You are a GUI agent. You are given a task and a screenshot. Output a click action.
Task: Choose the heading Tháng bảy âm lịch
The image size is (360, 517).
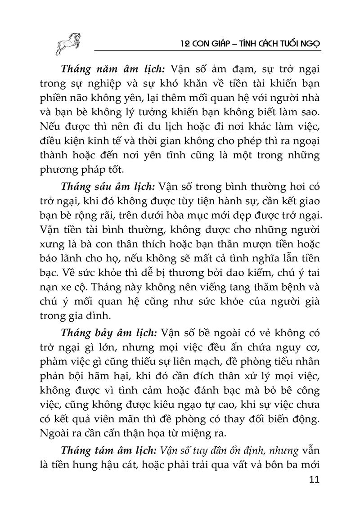[108, 333]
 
